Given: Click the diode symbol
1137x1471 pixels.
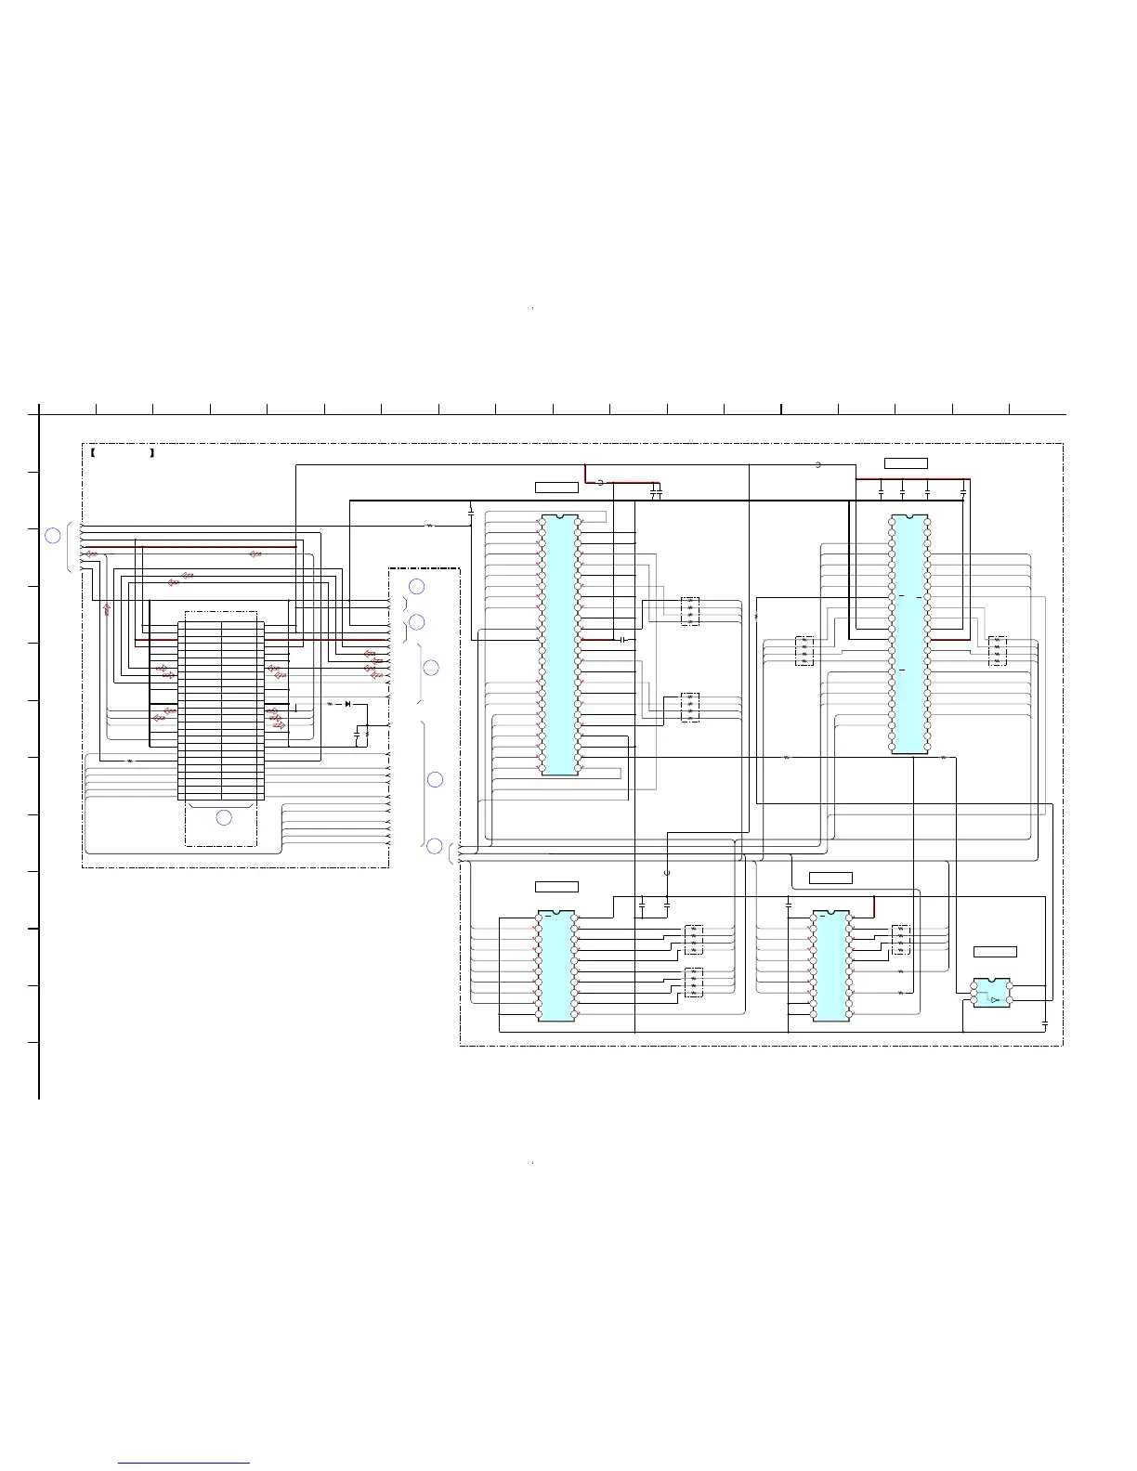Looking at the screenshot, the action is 347,704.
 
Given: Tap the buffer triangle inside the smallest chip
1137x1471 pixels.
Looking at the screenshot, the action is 995,999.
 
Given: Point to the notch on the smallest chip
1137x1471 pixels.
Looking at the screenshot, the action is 992,980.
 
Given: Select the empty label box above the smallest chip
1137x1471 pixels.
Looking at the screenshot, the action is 995,952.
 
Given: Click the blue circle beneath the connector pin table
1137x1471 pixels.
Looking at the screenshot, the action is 224,817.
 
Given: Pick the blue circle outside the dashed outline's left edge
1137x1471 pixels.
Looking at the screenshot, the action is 54,535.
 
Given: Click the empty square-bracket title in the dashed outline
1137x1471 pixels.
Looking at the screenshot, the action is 123,453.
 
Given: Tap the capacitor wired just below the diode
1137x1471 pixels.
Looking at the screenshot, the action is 358,735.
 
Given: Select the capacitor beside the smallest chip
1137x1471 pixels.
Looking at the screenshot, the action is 1045,1022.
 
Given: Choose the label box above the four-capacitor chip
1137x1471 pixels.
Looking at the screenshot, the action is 906,463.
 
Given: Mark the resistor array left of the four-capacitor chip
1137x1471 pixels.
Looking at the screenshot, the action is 804,650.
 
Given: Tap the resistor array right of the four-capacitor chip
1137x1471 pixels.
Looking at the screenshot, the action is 998,650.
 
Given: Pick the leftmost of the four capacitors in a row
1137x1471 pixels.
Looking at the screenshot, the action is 881,490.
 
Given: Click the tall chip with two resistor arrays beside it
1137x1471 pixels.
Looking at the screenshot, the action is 559,644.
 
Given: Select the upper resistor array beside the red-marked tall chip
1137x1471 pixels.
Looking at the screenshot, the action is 689,610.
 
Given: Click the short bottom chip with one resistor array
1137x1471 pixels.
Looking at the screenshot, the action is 830,966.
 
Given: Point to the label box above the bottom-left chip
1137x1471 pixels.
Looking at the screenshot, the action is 556,886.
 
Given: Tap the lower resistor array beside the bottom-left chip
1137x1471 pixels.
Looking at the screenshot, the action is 693,983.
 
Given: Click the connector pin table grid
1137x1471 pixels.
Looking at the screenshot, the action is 220,707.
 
